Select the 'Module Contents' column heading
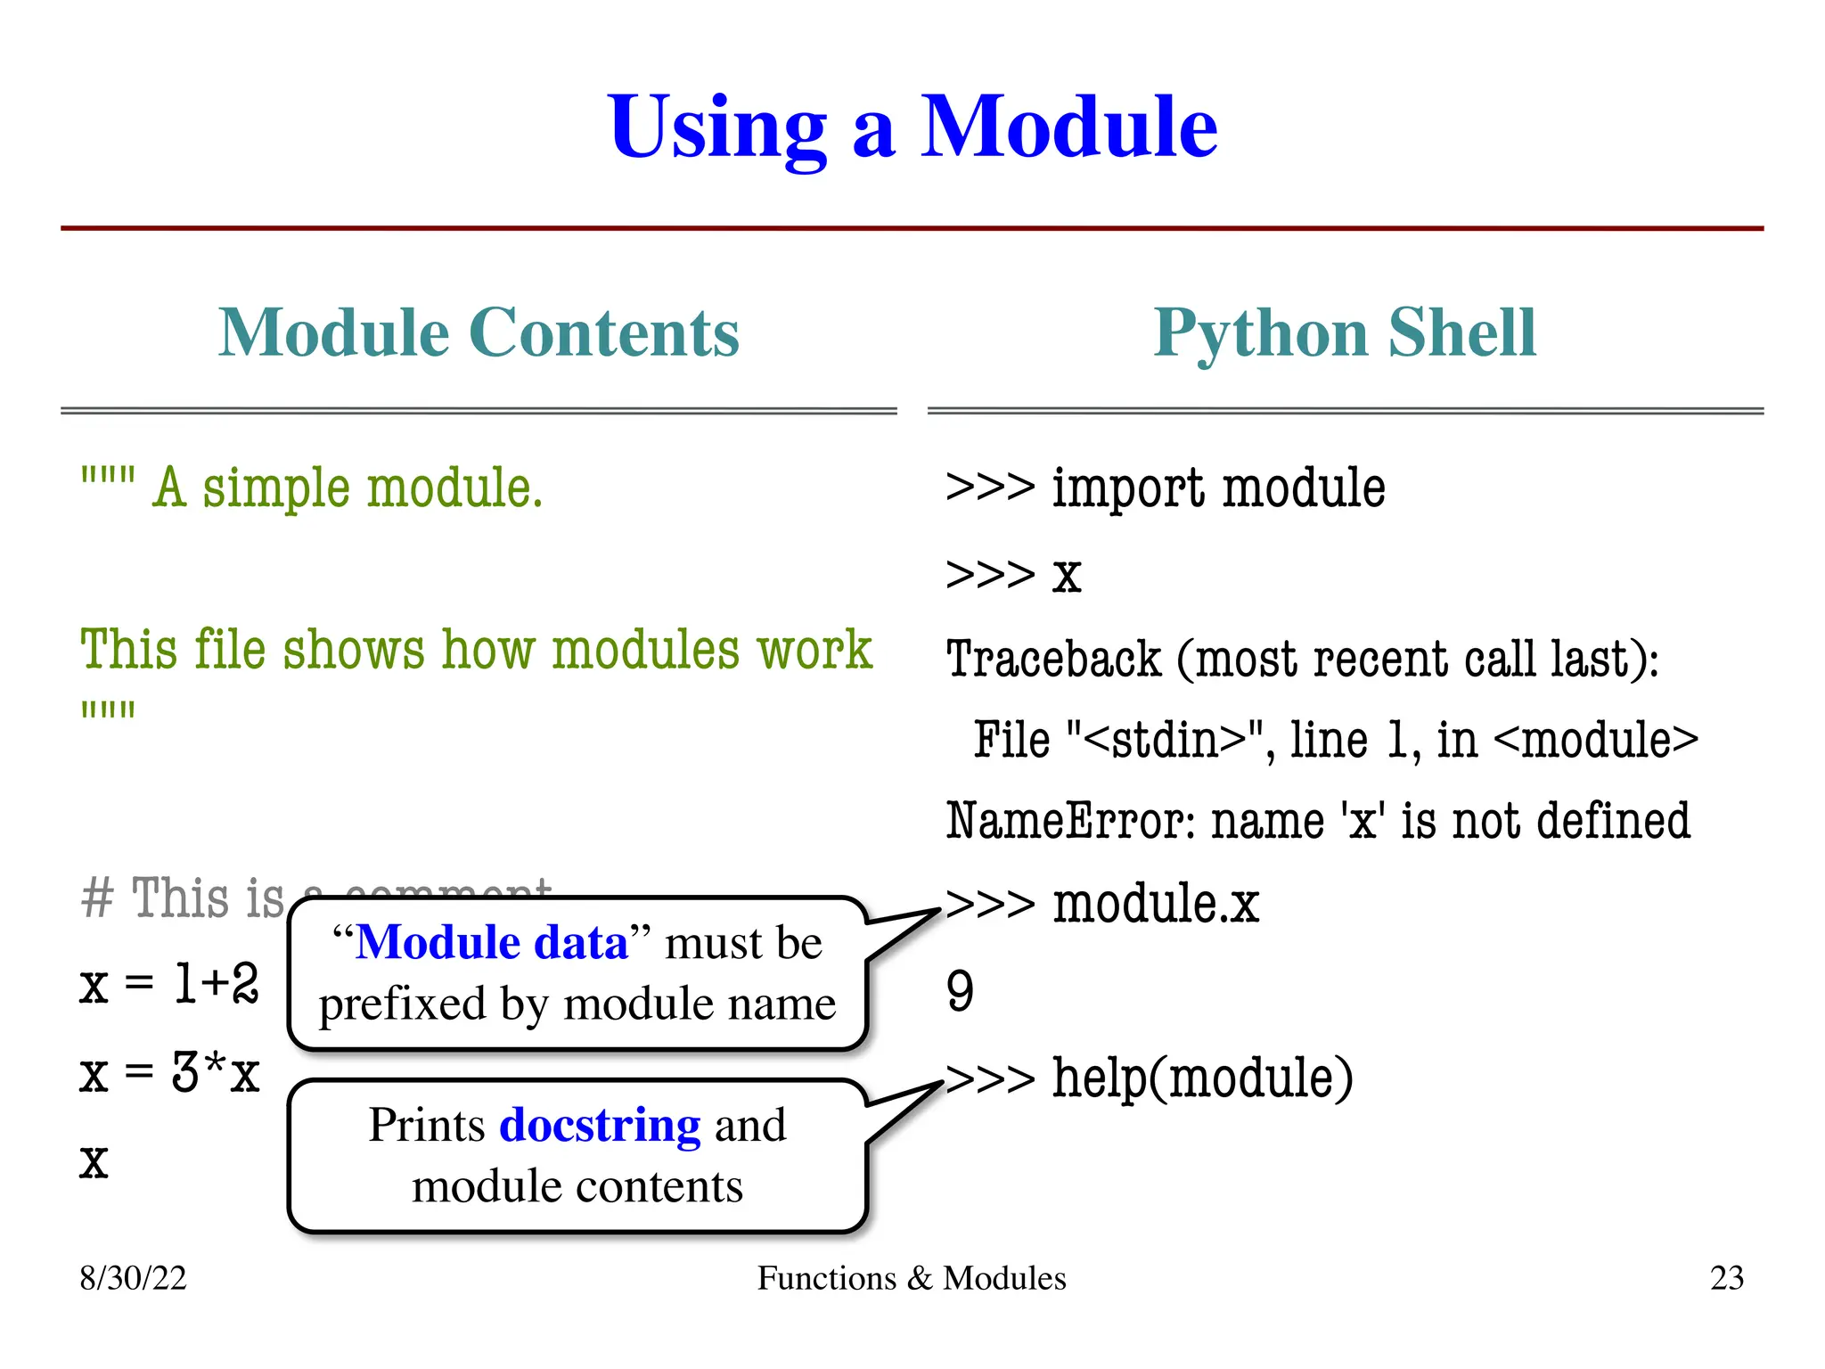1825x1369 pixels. pos(479,332)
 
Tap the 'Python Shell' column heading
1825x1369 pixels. pos(1345,332)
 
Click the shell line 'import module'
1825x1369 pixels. pos(1217,489)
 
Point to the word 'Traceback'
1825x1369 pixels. pos(1053,660)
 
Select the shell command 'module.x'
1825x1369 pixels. pos(1156,904)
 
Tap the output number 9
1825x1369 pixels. pos(960,991)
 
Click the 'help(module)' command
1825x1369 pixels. pos(1202,1078)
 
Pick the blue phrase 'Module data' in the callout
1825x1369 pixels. pos(492,943)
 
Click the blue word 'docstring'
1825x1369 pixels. pos(600,1126)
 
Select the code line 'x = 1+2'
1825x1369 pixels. pos(169,985)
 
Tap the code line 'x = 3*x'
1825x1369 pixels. pos(169,1073)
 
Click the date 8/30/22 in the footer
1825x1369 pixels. pos(133,1278)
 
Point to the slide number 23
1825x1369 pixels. pos(1726,1278)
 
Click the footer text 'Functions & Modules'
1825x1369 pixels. pos(912,1278)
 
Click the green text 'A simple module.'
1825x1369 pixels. pos(348,489)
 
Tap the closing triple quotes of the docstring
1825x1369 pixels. pos(108,710)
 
